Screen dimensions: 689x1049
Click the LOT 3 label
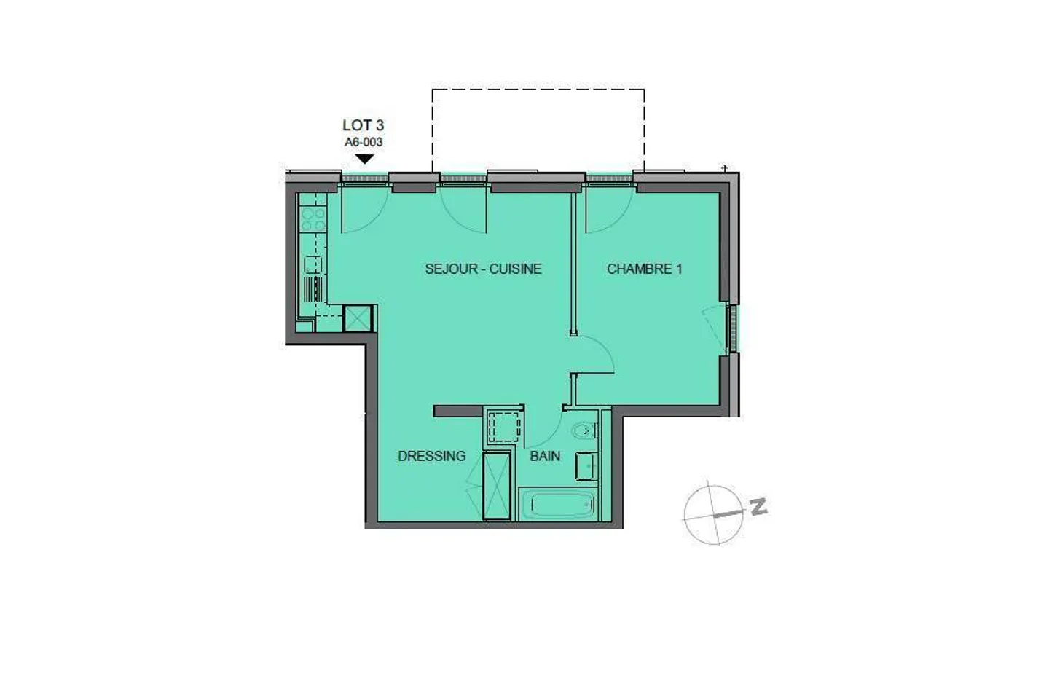363,125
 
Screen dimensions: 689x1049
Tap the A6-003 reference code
364,142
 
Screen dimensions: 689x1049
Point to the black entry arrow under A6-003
364,158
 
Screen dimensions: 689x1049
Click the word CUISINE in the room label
515,269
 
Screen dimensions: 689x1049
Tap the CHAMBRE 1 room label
644,269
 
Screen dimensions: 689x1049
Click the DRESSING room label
431,456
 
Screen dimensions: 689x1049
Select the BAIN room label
545,456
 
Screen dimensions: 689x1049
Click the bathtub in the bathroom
558,504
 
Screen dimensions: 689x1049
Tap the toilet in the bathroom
584,432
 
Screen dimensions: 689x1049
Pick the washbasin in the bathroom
586,466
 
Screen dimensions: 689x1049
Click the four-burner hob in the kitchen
313,220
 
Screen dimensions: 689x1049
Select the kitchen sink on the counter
313,264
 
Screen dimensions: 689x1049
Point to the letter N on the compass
759,506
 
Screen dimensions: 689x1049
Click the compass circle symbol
712,514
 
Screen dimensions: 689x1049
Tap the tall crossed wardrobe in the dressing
497,485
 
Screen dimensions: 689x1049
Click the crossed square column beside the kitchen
358,318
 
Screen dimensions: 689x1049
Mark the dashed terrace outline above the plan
538,90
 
